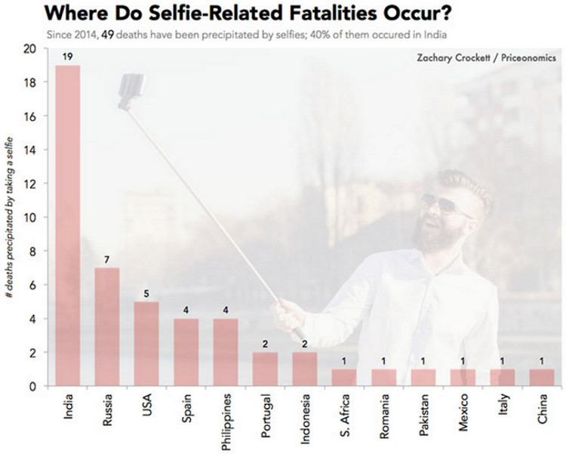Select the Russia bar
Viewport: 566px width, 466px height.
click(107, 326)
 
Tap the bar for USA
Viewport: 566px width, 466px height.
click(146, 344)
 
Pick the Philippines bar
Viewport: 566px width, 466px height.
click(225, 352)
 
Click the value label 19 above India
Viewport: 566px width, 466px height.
click(68, 56)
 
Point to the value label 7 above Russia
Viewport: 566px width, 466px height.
click(107, 259)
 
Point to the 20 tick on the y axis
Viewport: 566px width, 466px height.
click(30, 49)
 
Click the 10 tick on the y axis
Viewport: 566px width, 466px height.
click(30, 218)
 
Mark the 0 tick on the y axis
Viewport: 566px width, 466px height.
click(33, 386)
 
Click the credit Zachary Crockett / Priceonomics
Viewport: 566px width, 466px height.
click(486, 57)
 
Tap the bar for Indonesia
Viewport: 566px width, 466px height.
click(304, 369)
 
